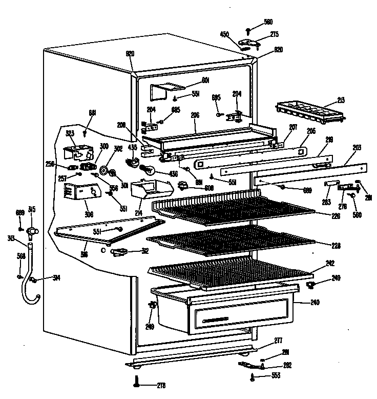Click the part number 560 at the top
(x=268, y=22)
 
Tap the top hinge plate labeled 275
(x=250, y=42)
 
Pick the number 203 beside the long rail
(x=357, y=148)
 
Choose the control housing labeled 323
(x=77, y=153)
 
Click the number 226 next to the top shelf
(x=336, y=215)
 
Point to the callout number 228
(x=336, y=245)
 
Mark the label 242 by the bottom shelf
(x=330, y=263)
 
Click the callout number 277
(x=278, y=341)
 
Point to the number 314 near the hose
(x=56, y=278)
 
